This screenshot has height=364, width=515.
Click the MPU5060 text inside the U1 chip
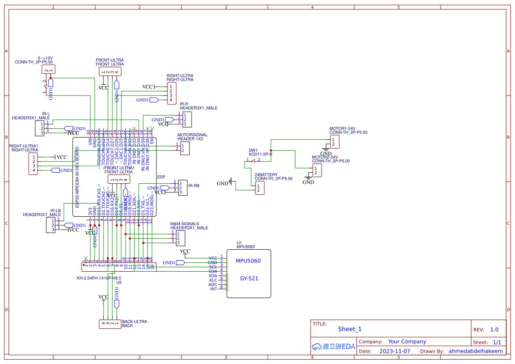click(x=248, y=261)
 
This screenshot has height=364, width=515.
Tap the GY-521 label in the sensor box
click(x=249, y=278)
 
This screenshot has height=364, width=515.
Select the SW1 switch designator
click(x=253, y=150)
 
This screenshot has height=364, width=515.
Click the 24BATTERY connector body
click(x=259, y=188)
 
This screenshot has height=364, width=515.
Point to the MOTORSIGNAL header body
click(x=185, y=148)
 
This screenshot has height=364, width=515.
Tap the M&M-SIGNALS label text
click(x=185, y=224)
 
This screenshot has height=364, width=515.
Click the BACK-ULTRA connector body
click(x=110, y=324)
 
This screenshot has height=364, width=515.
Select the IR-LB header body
click(x=51, y=225)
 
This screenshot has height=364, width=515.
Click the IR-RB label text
click(x=193, y=186)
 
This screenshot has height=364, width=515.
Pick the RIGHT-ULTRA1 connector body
click(x=33, y=164)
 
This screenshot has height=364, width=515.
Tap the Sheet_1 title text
click(x=349, y=329)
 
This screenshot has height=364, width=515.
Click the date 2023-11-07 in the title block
click(x=394, y=351)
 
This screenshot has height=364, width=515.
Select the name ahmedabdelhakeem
click(x=475, y=351)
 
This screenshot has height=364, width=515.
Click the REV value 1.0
click(x=494, y=329)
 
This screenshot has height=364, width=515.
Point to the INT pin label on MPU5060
click(x=213, y=289)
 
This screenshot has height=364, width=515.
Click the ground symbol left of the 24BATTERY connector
click(x=230, y=183)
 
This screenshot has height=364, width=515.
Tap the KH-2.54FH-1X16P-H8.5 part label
click(x=99, y=278)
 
